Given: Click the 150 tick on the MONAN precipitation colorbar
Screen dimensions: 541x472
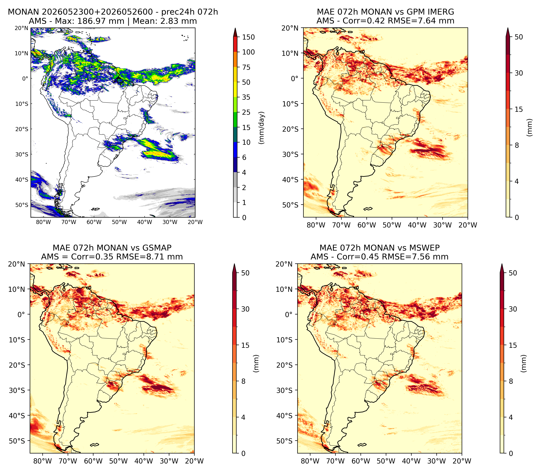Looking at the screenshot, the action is [248, 37].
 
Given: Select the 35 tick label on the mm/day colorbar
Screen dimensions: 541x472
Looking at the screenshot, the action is [246, 97].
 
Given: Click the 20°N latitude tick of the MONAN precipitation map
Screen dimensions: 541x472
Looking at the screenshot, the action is [21, 28].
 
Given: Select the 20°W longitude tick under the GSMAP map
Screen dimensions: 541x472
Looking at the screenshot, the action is [194, 461].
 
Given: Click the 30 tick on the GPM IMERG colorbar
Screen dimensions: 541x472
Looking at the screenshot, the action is [519, 73].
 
